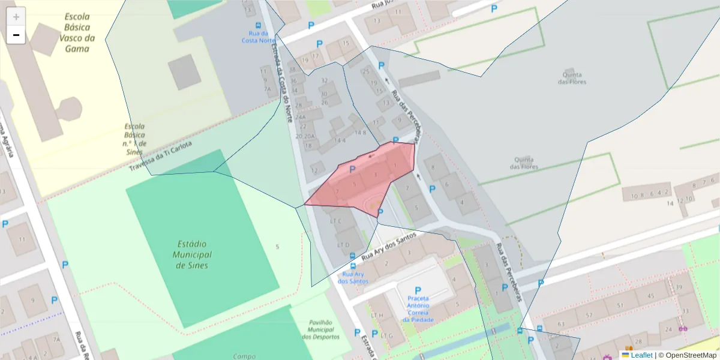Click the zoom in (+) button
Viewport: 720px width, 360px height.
coord(16,17)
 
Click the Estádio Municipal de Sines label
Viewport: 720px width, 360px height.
coord(192,254)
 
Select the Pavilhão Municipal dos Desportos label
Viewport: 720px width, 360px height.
coord(320,329)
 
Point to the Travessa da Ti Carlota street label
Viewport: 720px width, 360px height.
coord(160,156)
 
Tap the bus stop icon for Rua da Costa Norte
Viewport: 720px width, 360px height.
coord(259,26)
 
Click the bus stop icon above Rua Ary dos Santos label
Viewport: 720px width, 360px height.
coord(352,266)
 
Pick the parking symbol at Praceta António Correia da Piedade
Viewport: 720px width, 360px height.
coord(418,290)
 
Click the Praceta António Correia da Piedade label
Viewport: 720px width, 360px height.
coord(418,308)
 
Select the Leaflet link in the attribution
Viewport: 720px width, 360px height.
coord(641,355)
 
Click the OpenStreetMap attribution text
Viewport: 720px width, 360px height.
coord(690,355)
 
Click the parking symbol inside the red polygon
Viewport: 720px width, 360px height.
coord(352,170)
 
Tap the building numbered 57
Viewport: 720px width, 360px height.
coord(589,314)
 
